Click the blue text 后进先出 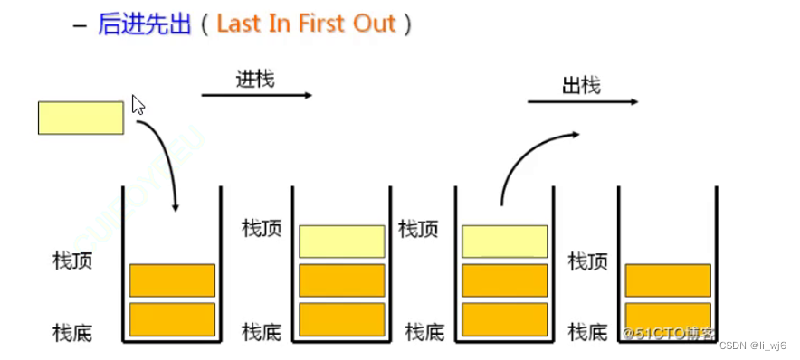point(145,24)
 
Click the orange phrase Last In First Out point(307,24)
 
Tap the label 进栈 point(255,80)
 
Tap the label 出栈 point(581,86)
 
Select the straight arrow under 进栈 point(256,95)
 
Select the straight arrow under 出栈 point(582,102)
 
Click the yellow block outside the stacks point(81,118)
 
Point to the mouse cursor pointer point(138,105)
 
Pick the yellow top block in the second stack point(342,242)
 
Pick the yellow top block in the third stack point(505,242)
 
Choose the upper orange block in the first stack point(172,280)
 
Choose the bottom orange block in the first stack point(172,319)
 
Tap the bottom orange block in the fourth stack point(668,319)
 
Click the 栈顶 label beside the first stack point(72,262)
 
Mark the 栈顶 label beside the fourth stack point(587,262)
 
